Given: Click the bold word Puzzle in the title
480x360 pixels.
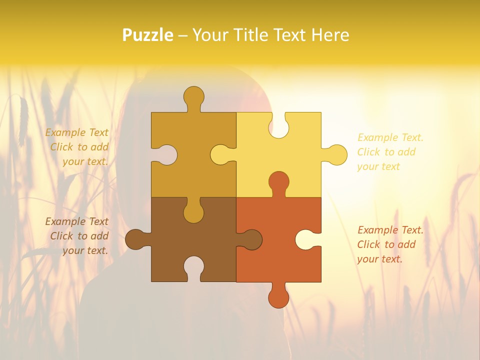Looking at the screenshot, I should (147, 35).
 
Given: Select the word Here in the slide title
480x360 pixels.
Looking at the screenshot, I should (330, 35).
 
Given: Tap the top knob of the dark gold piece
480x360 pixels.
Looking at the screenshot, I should (193, 96).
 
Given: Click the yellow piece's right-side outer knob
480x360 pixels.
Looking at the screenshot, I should (336, 154).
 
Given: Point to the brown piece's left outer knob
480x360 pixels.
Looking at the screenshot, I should (135, 239).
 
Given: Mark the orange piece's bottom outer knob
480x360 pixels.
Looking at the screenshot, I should (278, 298).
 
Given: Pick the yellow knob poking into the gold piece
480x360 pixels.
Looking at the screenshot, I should (220, 154).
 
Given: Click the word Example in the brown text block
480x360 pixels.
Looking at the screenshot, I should (62, 221).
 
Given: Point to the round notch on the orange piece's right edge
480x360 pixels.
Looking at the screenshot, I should (305, 239).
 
